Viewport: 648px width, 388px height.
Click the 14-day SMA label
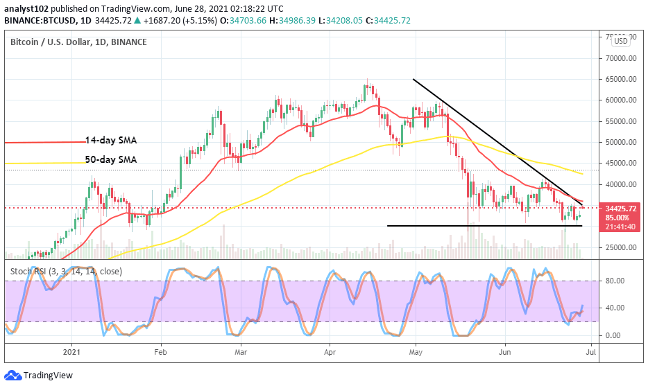(111, 140)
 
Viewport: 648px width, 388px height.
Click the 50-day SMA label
(111, 159)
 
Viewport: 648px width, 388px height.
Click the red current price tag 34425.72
(613, 208)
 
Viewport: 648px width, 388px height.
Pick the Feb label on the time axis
(160, 352)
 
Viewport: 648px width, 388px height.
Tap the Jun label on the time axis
(504, 352)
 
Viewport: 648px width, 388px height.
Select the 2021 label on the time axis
(72, 352)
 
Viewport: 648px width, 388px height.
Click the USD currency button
(620, 41)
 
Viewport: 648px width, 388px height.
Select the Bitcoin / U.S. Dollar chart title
(78, 42)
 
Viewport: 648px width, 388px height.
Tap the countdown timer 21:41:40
(613, 226)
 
